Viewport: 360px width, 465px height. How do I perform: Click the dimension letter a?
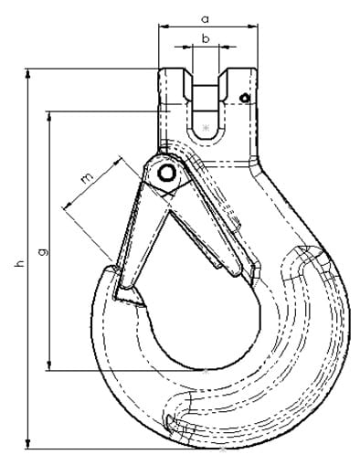point(206,19)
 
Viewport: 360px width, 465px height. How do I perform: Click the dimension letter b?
point(206,38)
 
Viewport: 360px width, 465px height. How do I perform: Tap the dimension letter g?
point(43,252)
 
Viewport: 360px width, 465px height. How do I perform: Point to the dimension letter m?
point(87,178)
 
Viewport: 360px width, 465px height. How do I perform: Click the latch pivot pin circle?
point(166,173)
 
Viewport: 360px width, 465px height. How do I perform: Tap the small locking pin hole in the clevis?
point(245,98)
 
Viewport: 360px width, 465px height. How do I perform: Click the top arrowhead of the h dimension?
point(28,74)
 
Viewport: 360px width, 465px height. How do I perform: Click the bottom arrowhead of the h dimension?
point(28,444)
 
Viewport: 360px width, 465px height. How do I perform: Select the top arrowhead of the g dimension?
point(49,116)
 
